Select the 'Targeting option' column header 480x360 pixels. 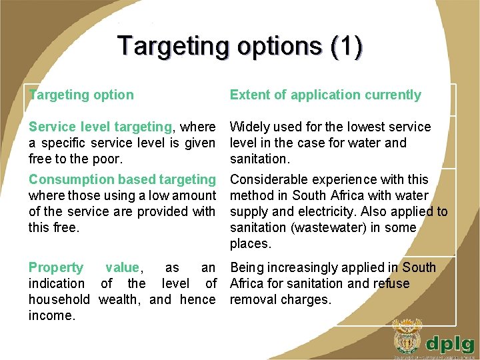[x=81, y=95]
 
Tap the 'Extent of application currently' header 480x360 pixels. [x=325, y=95]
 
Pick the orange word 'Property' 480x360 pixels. [x=56, y=267]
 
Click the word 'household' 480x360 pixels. [x=59, y=299]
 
